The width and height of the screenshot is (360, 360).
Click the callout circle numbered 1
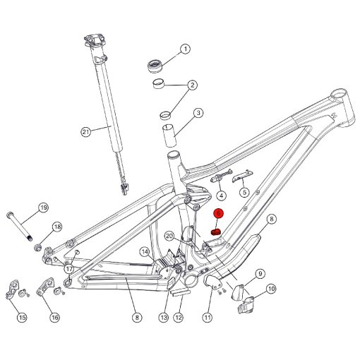pos(186,49)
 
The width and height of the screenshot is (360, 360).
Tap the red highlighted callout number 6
pos(219,214)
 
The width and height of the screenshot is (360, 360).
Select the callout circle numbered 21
pos(86,131)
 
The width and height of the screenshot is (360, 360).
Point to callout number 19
pos(43,208)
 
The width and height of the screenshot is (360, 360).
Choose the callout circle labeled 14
pos(145,252)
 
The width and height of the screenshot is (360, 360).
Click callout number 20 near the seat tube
pos(169,236)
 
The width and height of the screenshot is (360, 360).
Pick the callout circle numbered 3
pos(198,113)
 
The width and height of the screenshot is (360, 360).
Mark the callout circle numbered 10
pos(272,289)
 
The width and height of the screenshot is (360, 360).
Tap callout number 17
pos(69,268)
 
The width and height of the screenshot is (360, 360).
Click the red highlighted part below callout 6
pos(215,232)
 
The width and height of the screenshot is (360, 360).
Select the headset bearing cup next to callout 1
pos(155,66)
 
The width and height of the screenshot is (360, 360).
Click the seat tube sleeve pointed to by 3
pos(169,135)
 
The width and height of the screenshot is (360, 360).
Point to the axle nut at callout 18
pos(38,247)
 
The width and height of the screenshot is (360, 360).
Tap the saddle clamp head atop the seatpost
pos(94,41)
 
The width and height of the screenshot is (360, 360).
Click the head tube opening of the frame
pos(339,95)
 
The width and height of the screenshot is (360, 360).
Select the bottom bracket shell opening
pos(191,280)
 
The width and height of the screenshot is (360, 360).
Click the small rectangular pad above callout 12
pos(181,293)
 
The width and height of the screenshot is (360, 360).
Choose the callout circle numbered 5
pos(245,192)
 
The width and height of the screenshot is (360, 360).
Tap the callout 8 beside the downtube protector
pos(272,219)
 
